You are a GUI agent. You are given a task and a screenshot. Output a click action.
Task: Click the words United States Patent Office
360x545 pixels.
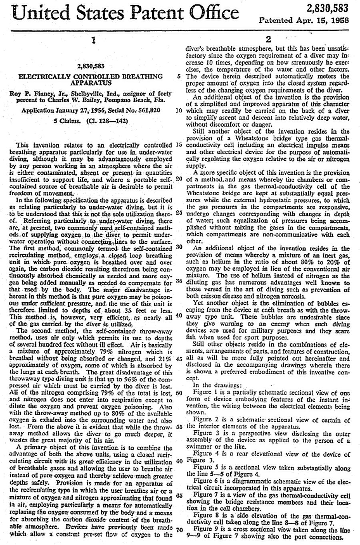pos(126,13)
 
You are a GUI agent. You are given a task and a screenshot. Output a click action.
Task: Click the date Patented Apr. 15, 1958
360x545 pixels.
pos(304,20)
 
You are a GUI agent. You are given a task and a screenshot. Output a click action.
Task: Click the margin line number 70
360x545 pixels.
pos(179,530)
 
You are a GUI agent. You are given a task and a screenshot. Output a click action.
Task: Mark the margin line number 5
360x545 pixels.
pos(179,76)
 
